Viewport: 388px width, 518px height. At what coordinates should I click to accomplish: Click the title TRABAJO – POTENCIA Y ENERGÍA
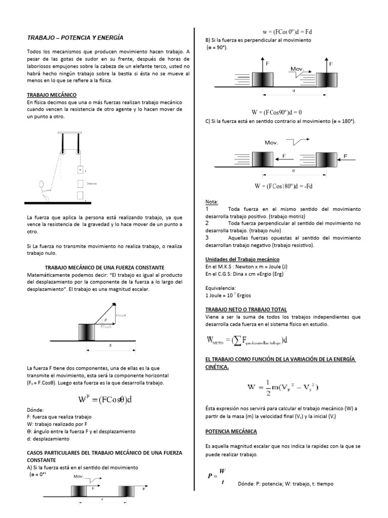pyautogui.click(x=74, y=37)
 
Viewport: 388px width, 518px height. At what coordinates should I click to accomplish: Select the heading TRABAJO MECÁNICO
pyautogui.click(x=51, y=95)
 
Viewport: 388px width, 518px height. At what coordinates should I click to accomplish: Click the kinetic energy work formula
pyautogui.click(x=282, y=387)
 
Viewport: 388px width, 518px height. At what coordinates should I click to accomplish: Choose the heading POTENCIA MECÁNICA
pyautogui.click(x=231, y=431)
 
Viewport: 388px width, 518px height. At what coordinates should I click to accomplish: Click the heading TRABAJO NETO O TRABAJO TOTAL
pyautogui.click(x=246, y=309)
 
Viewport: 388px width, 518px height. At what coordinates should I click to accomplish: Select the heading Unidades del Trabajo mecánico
pyautogui.click(x=239, y=258)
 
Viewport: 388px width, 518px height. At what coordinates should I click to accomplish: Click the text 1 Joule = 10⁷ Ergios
pyautogui.click(x=228, y=295)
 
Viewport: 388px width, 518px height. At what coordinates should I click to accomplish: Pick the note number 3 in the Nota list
pyautogui.click(x=207, y=237)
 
